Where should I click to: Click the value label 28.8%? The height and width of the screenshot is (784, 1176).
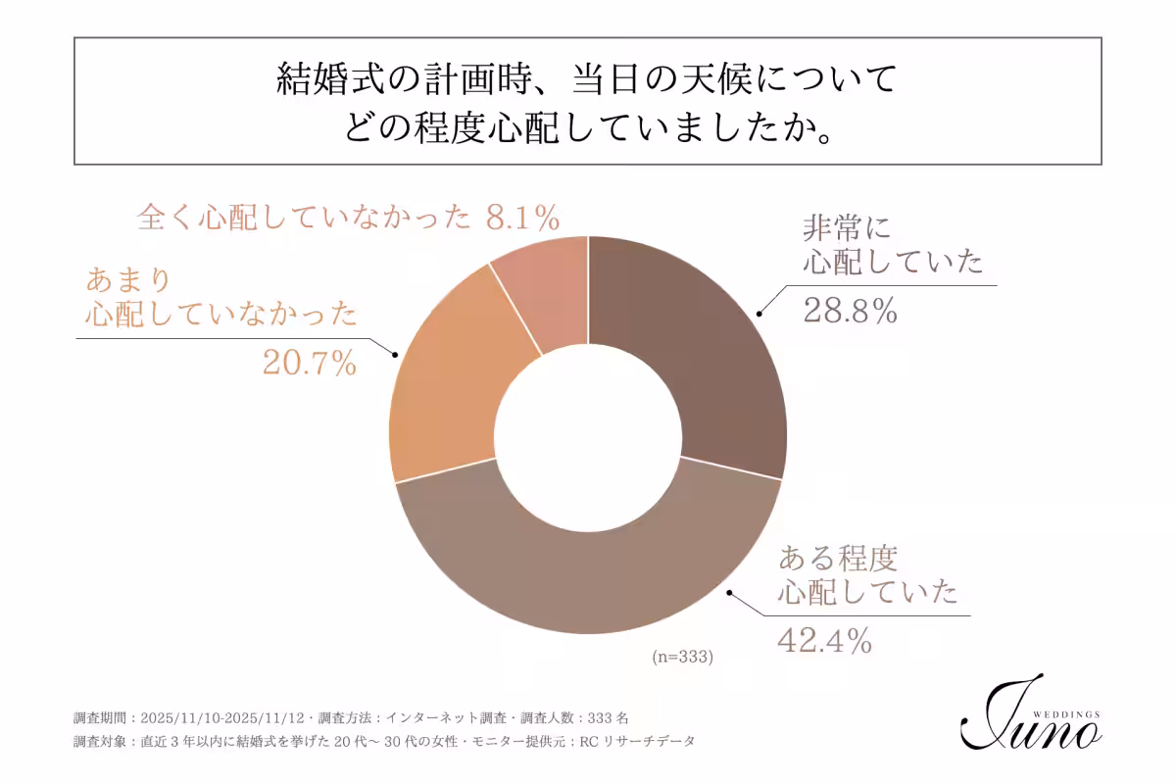850,311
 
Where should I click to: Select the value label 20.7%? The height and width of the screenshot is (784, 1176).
309,364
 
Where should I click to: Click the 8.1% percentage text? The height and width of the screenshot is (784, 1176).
523,217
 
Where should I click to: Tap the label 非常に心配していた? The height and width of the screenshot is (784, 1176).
891,245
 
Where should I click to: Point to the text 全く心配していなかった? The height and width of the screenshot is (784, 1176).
304,217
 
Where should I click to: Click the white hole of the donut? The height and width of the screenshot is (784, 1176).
588,436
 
